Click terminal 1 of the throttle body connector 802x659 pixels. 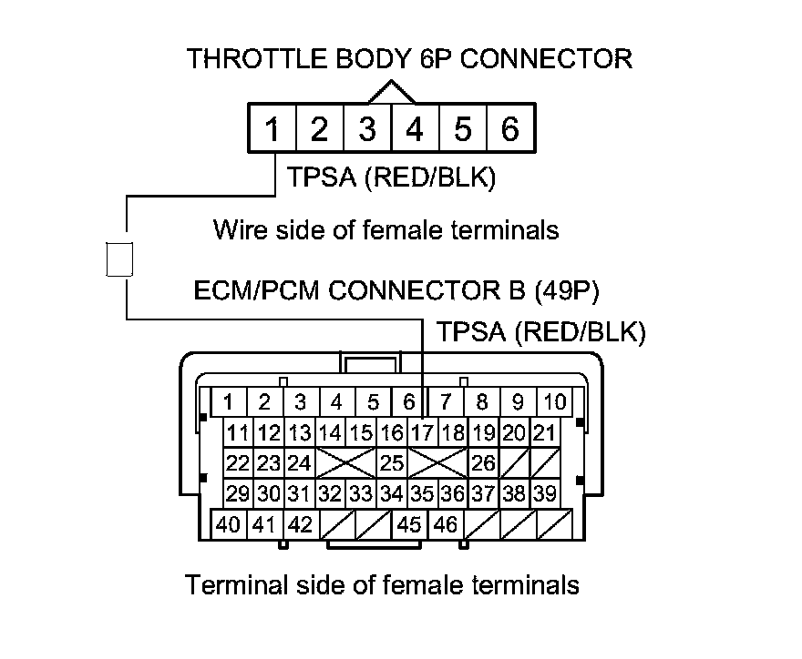tap(272, 129)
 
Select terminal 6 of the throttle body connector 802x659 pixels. tap(510, 129)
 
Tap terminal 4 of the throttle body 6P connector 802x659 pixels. tap(415, 129)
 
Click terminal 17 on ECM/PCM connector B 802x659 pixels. tap(423, 432)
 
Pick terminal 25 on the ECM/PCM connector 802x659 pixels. tap(392, 463)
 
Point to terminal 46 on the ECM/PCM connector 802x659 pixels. tap(446, 525)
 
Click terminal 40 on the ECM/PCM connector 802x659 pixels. tap(229, 525)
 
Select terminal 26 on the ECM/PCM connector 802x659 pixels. tap(484, 463)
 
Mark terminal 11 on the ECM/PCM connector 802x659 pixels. tap(239, 432)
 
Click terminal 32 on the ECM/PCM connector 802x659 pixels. tap(331, 494)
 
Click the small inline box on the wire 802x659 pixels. tap(120, 259)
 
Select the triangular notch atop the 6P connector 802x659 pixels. tap(391, 93)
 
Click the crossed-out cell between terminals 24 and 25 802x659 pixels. tap(345, 463)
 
